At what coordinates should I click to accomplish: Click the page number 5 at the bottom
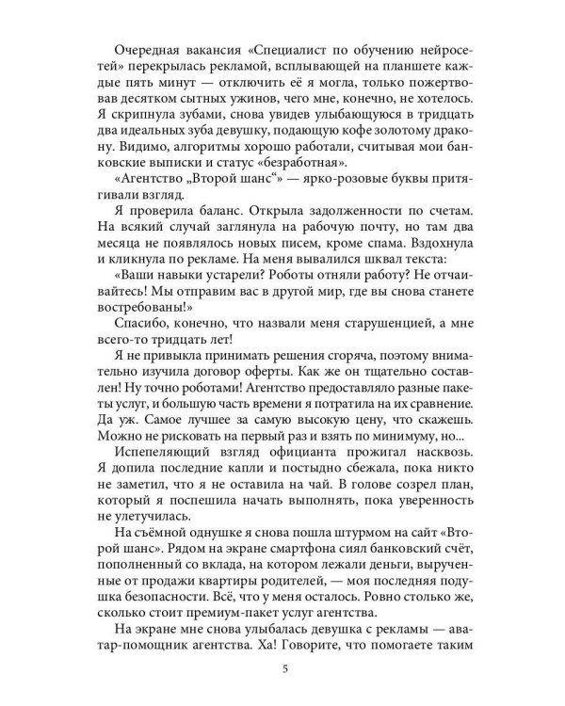(284, 670)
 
